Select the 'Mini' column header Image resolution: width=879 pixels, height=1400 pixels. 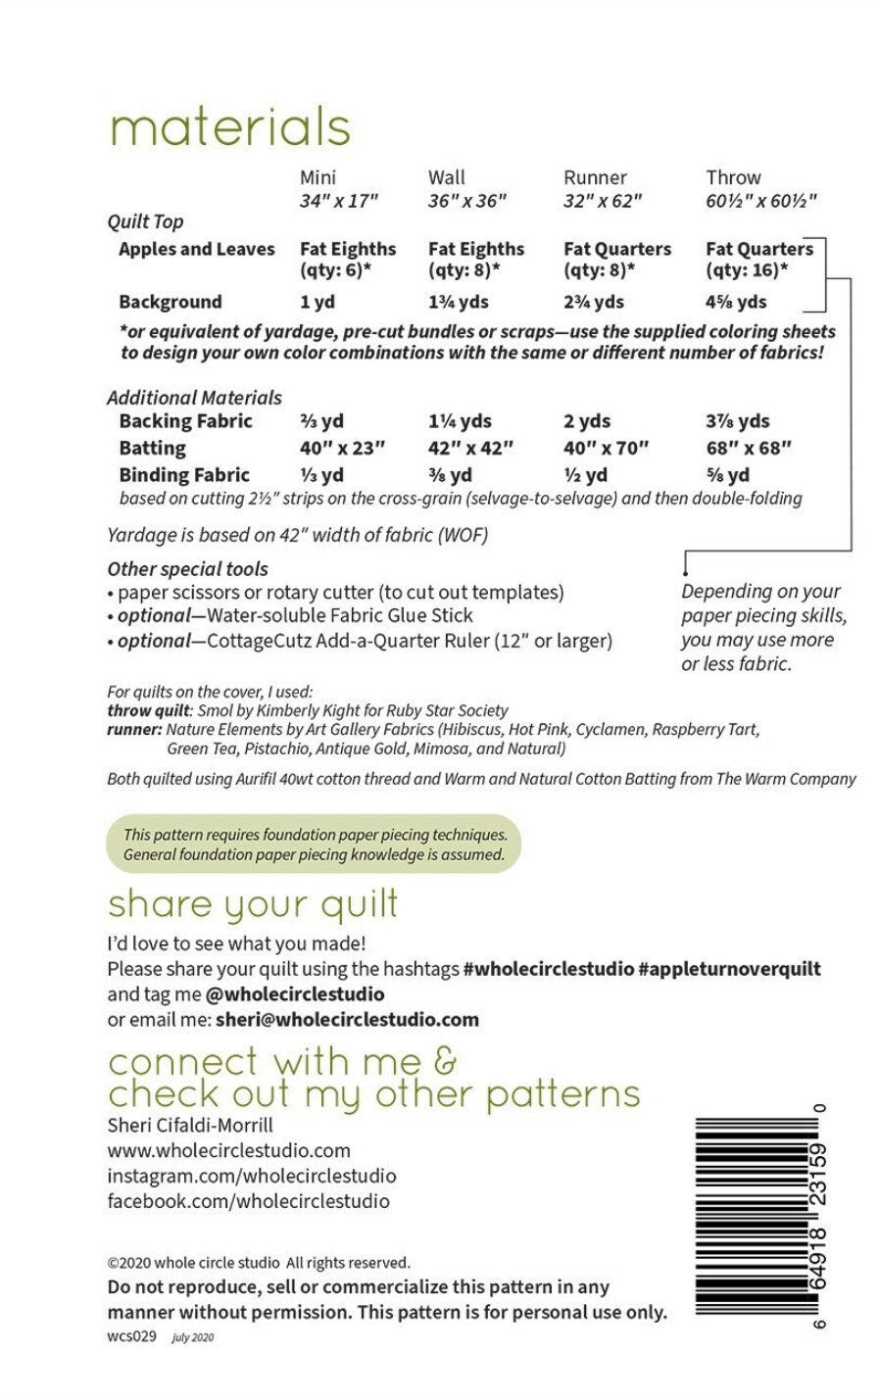point(317,177)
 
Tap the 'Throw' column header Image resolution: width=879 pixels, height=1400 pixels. point(733,177)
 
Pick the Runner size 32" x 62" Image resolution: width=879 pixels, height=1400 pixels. point(602,201)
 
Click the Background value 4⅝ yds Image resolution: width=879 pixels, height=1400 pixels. point(736,302)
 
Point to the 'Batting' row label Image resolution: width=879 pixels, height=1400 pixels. point(152,448)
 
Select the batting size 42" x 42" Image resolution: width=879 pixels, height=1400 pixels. point(470,448)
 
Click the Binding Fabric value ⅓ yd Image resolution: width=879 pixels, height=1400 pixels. point(321,475)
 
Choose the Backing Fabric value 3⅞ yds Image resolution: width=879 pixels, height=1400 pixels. point(737,421)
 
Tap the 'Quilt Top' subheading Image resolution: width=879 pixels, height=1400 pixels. point(145,222)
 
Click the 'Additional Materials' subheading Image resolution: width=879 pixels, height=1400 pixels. point(194,398)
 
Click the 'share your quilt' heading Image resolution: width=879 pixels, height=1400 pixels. point(253,903)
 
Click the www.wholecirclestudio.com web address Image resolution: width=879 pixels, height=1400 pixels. point(228,1150)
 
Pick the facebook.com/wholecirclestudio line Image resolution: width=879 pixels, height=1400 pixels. point(248,1201)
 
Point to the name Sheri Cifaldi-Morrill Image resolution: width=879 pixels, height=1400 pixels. point(190,1124)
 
